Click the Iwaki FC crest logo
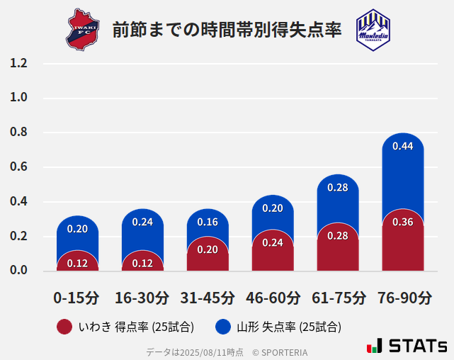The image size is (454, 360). (84, 29)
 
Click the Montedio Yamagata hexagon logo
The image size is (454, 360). (373, 29)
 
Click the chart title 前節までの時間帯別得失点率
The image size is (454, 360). (227, 30)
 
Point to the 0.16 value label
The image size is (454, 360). (208, 222)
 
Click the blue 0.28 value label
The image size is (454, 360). (338, 188)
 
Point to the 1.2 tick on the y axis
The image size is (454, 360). (18, 64)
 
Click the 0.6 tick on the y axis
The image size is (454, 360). (18, 167)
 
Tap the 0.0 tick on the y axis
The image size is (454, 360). (18, 271)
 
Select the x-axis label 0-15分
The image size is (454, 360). (77, 298)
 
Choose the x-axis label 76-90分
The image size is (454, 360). (403, 298)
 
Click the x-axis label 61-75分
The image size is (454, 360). (338, 298)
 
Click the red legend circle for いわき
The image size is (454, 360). (64, 327)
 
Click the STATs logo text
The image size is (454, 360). (417, 347)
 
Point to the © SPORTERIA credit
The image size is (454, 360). (280, 351)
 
